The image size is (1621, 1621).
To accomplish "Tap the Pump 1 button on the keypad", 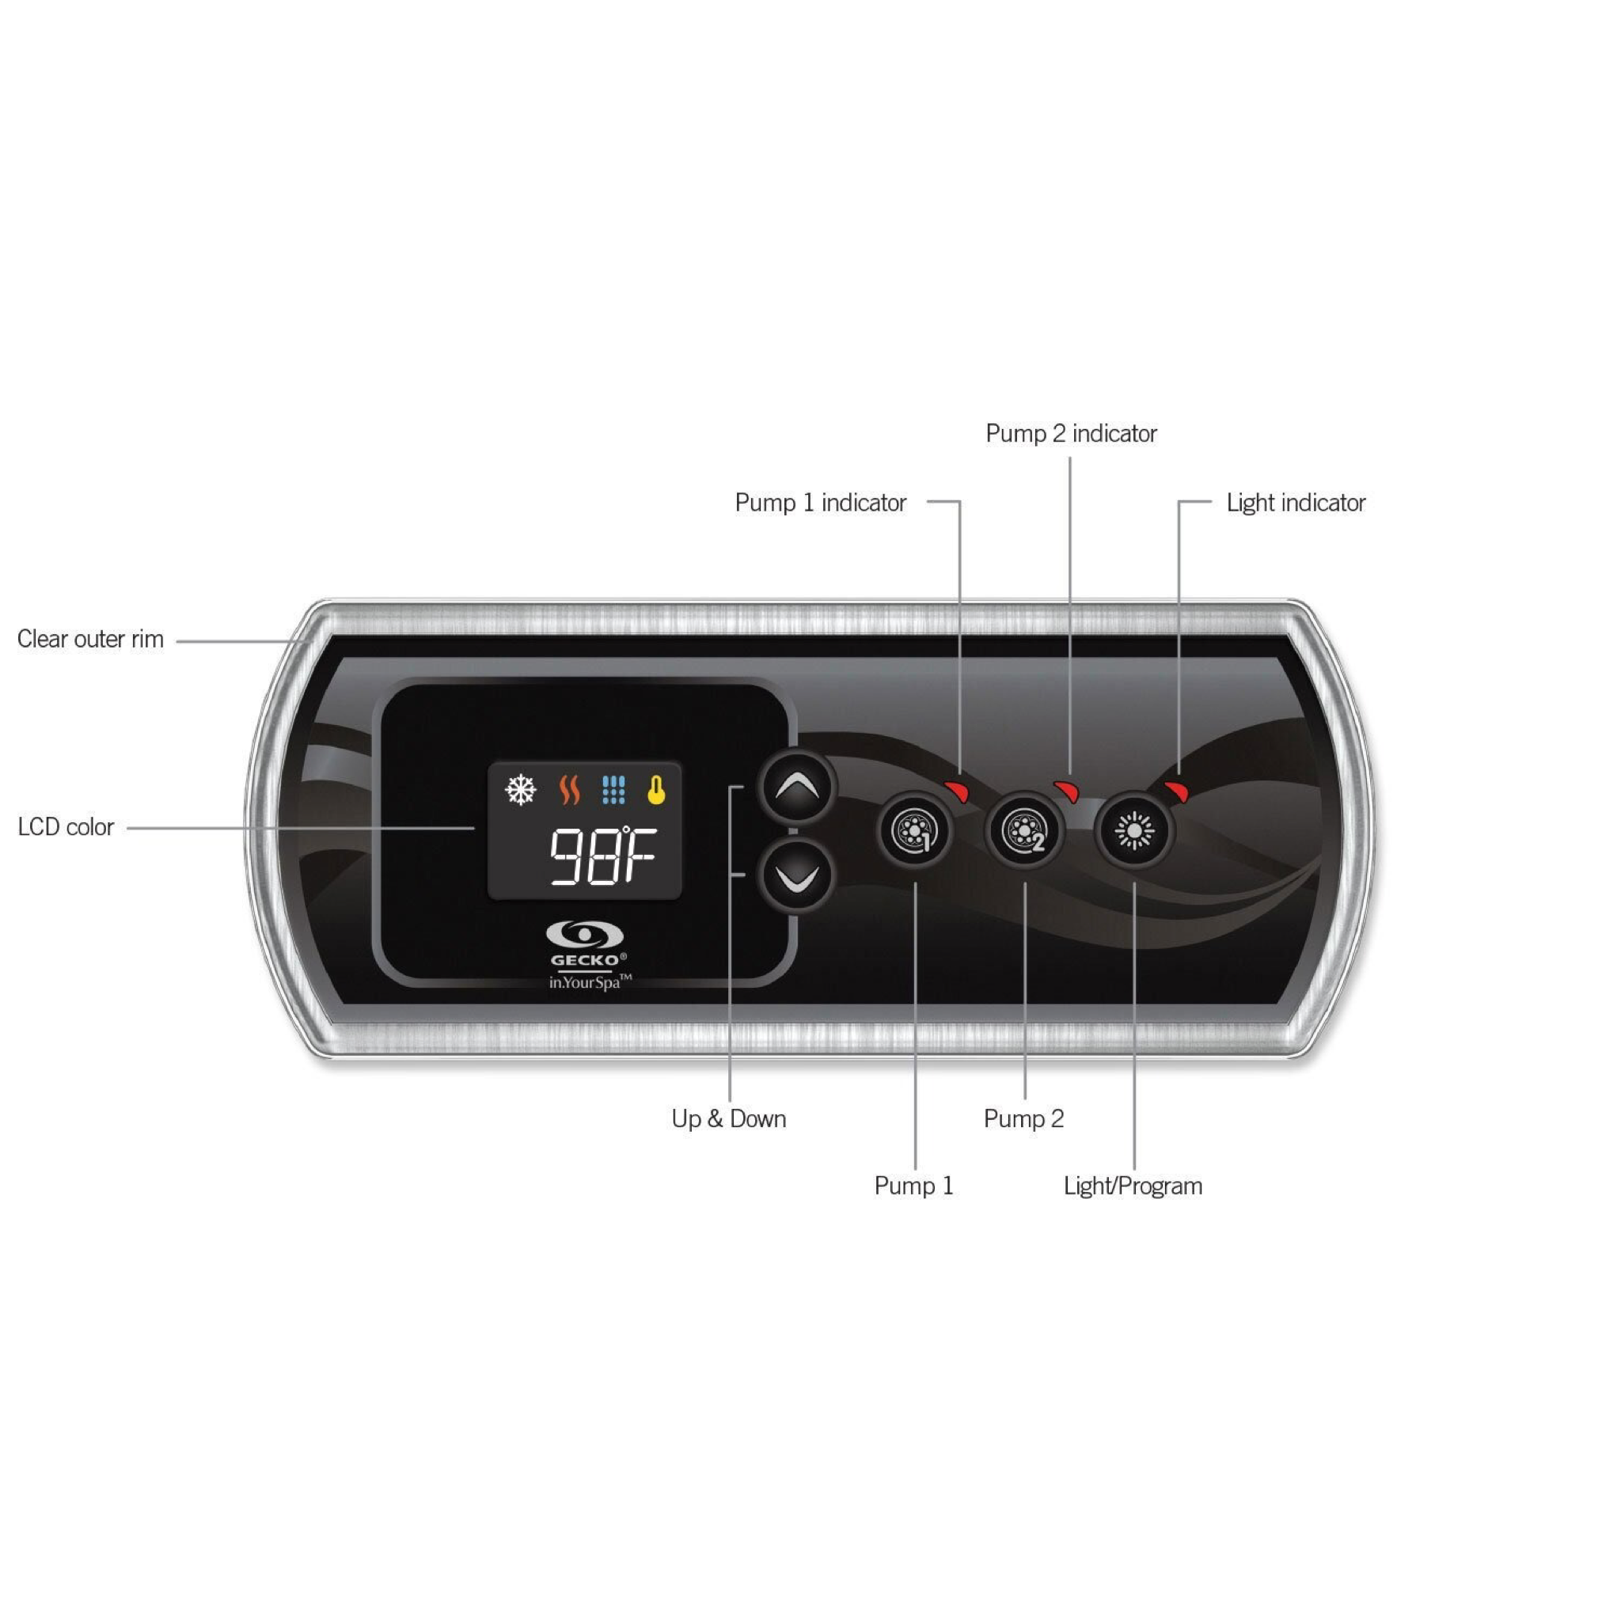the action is point(914,830).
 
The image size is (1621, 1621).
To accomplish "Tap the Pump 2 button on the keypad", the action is point(1023,830).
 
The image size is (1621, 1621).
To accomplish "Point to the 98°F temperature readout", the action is point(602,856).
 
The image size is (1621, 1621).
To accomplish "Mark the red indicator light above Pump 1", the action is point(958,791).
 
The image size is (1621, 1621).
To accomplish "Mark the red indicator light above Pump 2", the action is point(1066,791).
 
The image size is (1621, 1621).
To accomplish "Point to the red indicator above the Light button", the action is point(1176,791).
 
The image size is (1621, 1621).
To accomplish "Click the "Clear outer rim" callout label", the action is point(90,640).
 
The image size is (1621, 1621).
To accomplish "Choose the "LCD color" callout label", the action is point(66,827).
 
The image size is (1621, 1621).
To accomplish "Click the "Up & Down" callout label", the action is point(728,1118).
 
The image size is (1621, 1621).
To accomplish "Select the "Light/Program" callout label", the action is point(1133,1186).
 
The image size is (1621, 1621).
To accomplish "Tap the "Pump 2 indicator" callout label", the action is point(1071,434).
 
